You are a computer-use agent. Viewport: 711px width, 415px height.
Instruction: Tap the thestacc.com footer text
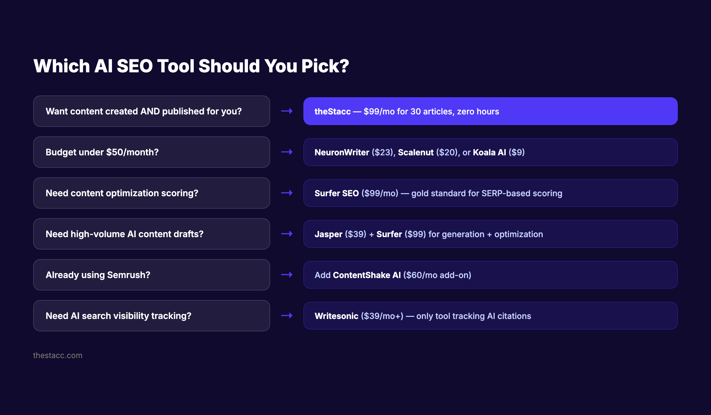point(57,355)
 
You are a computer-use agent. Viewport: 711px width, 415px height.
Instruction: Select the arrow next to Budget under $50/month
point(287,152)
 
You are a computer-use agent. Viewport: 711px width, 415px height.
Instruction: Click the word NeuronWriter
point(342,152)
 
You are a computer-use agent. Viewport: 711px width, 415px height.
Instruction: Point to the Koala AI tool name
point(489,152)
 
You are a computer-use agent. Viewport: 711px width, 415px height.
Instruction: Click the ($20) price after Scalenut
point(447,152)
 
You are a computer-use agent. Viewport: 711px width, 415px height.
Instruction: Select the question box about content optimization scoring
point(151,193)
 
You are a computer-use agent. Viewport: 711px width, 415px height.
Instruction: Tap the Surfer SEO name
point(337,193)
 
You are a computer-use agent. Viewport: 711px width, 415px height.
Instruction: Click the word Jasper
point(328,234)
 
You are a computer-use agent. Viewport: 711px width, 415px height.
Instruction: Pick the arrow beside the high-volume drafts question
point(287,234)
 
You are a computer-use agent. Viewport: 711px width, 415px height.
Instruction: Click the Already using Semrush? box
point(151,275)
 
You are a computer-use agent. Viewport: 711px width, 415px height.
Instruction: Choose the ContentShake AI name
point(367,275)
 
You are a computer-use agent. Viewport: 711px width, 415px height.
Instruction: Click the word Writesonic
point(337,316)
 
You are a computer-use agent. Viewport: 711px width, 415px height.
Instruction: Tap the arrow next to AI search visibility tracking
point(287,316)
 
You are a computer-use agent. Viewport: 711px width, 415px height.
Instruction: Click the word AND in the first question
point(150,111)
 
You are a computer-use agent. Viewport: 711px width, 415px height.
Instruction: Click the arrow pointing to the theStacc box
point(287,111)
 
